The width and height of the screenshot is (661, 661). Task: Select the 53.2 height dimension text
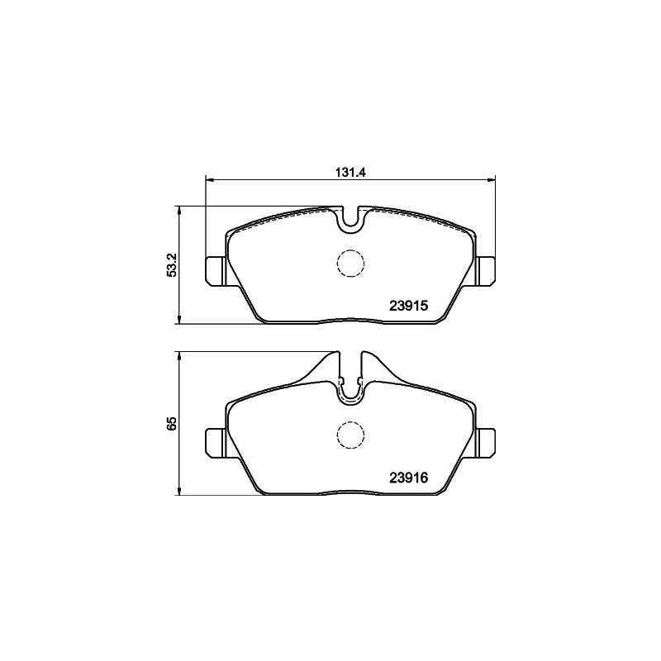pyautogui.click(x=172, y=265)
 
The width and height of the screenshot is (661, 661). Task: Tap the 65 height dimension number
pyautogui.click(x=172, y=423)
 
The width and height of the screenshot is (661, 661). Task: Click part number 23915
pyautogui.click(x=408, y=305)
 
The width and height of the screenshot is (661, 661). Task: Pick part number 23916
pyautogui.click(x=408, y=478)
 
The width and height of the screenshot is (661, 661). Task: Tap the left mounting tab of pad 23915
pyautogui.click(x=216, y=271)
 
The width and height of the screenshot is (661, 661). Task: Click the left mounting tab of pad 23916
pyautogui.click(x=216, y=443)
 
